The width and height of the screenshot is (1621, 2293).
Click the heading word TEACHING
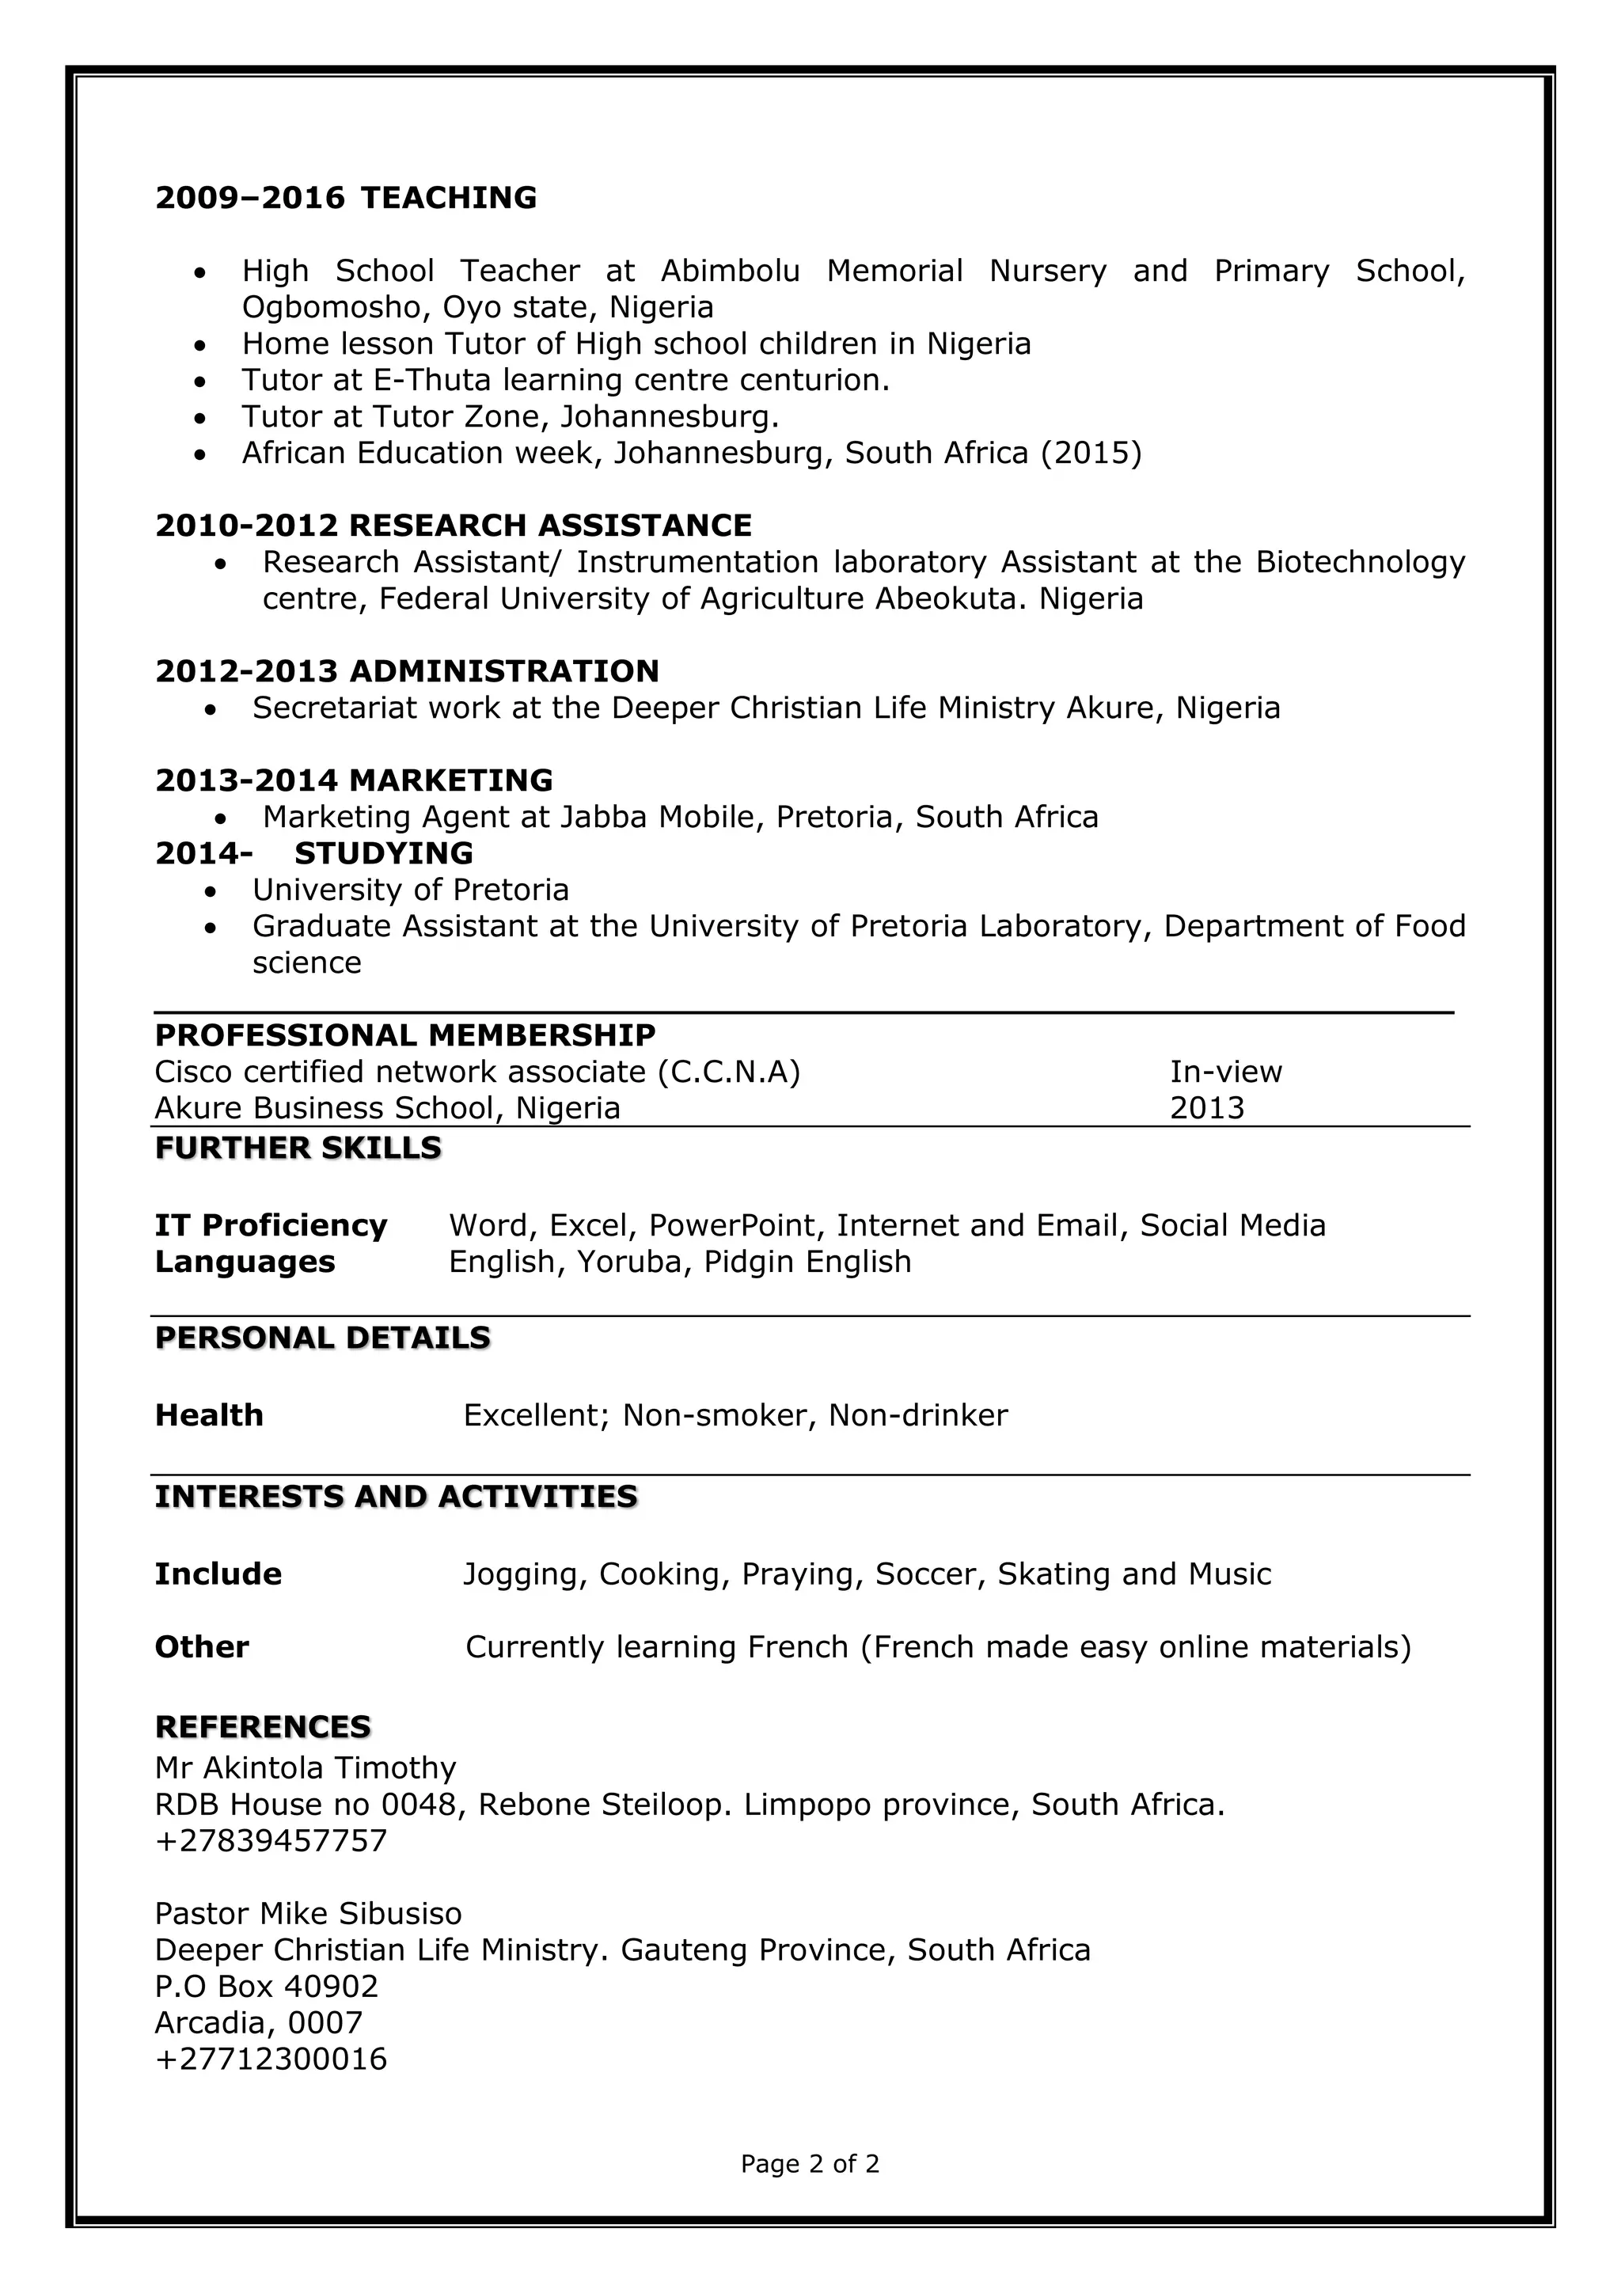449,198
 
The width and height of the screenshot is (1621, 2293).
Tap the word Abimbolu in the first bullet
730,271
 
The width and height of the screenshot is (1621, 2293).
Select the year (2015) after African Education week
1091,454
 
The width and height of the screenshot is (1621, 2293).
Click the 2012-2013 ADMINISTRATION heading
407,671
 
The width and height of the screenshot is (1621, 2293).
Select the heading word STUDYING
384,854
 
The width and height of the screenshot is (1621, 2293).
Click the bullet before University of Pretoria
210,890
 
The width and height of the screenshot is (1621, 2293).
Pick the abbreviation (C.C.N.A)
729,1072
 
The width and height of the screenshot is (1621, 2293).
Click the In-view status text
1225,1072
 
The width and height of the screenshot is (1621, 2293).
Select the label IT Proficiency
271,1225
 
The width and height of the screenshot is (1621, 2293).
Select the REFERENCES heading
263,1727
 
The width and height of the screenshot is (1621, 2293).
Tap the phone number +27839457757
271,1840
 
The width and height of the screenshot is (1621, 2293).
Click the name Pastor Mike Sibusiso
308,1914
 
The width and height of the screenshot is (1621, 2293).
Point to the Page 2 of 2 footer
810,2163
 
